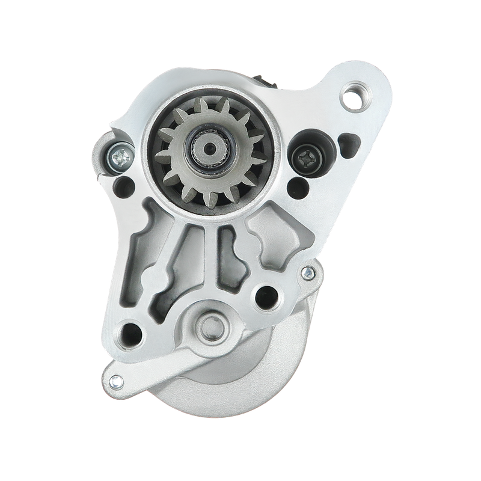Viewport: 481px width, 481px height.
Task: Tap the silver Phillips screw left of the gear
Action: tap(118, 158)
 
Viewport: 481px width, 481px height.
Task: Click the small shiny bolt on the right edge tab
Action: tap(308, 274)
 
